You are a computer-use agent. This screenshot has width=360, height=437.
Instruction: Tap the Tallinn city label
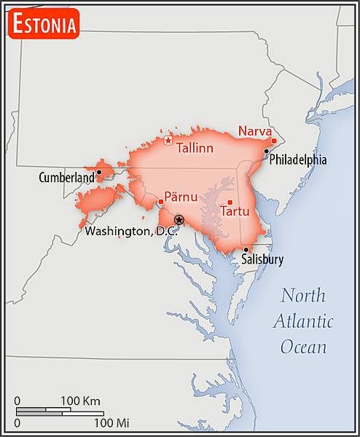(x=195, y=149)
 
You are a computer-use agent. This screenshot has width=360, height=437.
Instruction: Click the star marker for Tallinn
(x=168, y=141)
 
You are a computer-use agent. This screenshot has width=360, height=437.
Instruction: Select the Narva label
(x=254, y=132)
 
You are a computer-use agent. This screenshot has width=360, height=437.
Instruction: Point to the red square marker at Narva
(x=274, y=141)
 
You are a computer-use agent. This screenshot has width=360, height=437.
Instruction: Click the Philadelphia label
(x=298, y=160)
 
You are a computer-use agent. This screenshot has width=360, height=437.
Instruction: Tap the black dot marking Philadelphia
(x=267, y=151)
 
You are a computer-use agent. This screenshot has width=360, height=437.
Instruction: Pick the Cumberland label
(x=66, y=177)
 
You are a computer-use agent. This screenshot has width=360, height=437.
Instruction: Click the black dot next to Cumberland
(x=99, y=173)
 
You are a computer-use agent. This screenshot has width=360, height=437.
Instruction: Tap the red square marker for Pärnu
(x=160, y=202)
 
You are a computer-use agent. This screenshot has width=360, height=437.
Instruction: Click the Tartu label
(x=235, y=212)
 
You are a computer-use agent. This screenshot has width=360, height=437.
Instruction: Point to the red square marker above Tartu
(x=230, y=202)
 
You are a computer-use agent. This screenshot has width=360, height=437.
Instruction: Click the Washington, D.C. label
(x=131, y=232)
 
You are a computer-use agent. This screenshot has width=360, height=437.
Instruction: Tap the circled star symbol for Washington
(x=179, y=219)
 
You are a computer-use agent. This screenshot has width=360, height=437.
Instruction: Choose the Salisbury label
(x=262, y=259)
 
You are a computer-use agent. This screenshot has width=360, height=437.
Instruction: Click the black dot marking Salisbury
(x=246, y=250)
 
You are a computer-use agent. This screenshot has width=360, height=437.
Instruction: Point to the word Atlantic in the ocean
(x=303, y=321)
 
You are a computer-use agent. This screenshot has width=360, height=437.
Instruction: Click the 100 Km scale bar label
(x=80, y=401)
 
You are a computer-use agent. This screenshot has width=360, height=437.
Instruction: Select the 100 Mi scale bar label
(x=111, y=422)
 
